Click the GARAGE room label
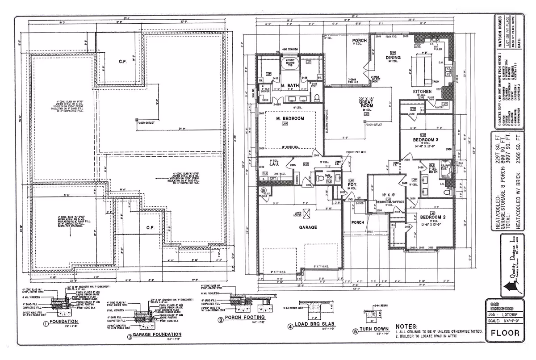point(308,227)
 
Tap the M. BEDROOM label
point(290,118)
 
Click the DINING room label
point(393,58)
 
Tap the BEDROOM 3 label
point(425,140)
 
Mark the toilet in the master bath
point(317,97)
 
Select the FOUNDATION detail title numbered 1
point(64,321)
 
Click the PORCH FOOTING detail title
point(247,318)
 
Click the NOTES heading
point(406,327)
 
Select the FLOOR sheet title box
point(505,333)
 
